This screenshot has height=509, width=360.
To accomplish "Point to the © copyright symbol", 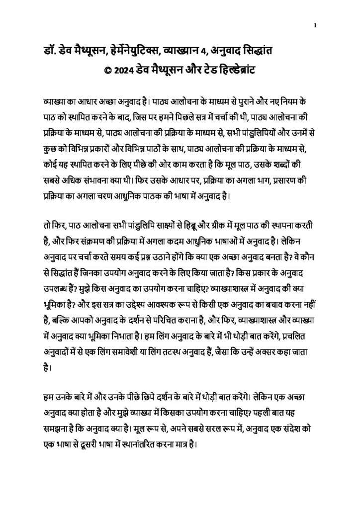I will click(x=106, y=70).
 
